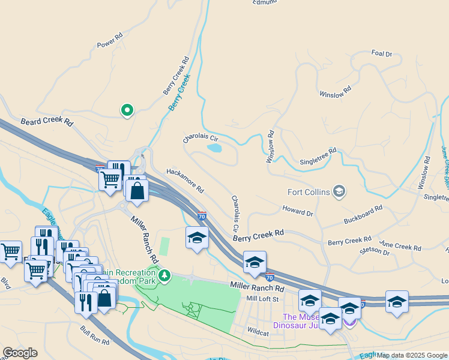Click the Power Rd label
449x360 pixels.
coord(110,44)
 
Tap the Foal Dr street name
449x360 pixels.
coord(382,53)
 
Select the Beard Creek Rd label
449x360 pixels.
coord(47,122)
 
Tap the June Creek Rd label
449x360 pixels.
coord(400,247)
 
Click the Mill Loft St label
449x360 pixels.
coord(264,298)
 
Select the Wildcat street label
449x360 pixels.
coord(258,331)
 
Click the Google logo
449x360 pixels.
coord(20,353)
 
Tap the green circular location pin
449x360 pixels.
coord(127,110)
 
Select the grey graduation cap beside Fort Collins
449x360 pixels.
coord(339,191)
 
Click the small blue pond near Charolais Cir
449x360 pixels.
coord(214,148)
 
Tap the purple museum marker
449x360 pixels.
coord(349,321)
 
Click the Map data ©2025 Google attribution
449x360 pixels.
coord(412,355)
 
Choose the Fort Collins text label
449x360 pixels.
coord(309,192)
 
